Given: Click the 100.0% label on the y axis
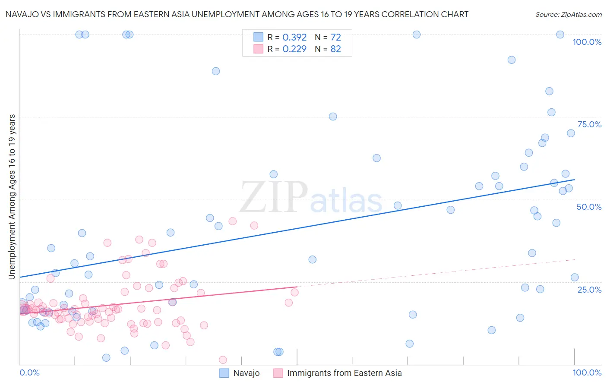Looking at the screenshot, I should click(587, 42).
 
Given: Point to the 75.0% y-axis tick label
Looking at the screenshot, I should click(589, 124).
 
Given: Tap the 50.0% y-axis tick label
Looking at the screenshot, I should click(589, 207).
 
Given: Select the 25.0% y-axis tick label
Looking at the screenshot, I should click(589, 290).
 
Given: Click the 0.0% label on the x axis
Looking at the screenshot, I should click(29, 372).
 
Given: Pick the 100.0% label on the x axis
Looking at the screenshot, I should click(587, 372).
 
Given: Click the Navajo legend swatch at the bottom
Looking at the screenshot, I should click(224, 373).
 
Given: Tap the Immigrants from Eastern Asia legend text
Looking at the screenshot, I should click(344, 373).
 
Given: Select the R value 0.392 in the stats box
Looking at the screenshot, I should click(294, 38).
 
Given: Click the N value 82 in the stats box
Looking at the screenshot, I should click(335, 49).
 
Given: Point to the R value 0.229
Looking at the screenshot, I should click(294, 49).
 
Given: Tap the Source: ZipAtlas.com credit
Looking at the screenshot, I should click(568, 14).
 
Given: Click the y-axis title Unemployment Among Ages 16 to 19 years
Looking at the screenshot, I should click(12, 196).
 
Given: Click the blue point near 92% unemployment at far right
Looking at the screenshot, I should click(512, 60).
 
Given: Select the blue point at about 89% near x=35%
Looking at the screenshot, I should click(216, 71).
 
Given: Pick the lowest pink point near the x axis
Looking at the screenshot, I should click(223, 360).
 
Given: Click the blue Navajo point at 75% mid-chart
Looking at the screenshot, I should click(333, 117).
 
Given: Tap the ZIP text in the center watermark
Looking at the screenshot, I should click(274, 197).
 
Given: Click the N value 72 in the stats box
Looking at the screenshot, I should click(335, 38).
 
